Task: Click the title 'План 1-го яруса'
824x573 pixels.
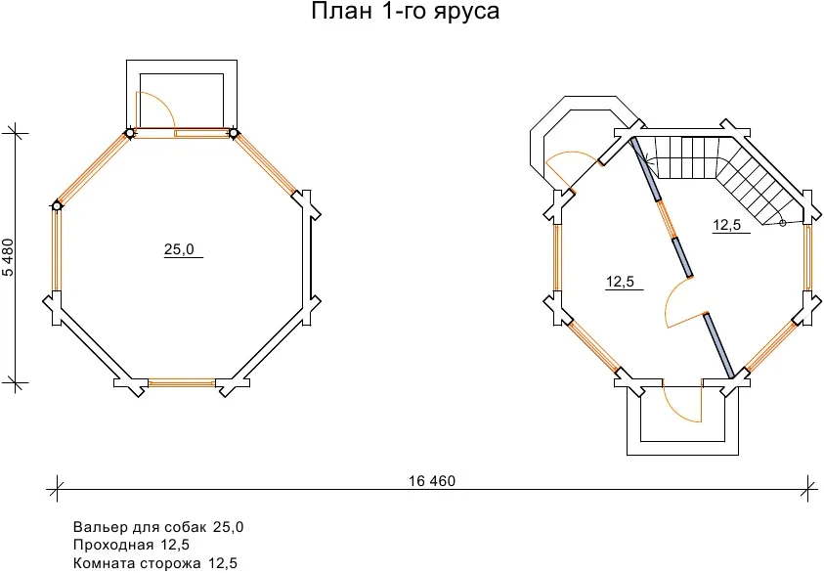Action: click(405, 11)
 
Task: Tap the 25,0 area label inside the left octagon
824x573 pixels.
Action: click(179, 249)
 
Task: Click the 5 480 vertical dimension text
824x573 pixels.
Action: click(9, 257)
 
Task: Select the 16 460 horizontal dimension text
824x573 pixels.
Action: click(432, 481)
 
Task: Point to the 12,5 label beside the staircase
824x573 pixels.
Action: click(727, 225)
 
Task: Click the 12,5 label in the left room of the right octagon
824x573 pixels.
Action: click(620, 282)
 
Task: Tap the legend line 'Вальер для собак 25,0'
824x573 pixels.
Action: click(158, 527)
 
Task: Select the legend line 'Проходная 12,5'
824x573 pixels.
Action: click(131, 545)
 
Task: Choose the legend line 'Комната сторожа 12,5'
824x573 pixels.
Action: click(155, 563)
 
